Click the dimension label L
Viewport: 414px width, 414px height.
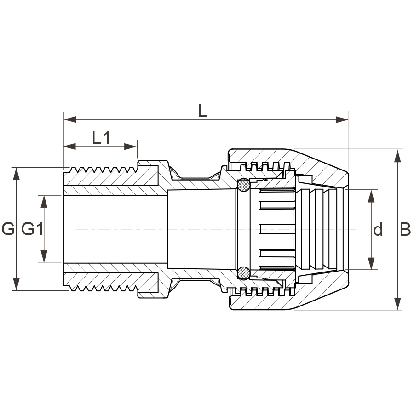[x=203, y=111]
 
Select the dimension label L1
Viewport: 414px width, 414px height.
[x=101, y=138]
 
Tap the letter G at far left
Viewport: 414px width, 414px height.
[x=8, y=229]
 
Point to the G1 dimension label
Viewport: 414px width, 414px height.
[x=32, y=229]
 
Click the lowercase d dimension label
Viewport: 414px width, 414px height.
[x=378, y=229]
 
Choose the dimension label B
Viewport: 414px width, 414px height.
[x=405, y=229]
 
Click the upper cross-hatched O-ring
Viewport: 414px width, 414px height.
[x=243, y=185]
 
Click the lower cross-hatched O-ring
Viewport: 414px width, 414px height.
[x=243, y=273]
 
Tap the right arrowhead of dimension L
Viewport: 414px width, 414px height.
[x=342, y=119]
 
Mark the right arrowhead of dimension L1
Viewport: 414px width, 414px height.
[x=131, y=147]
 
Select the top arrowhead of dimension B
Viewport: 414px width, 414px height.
[x=397, y=156]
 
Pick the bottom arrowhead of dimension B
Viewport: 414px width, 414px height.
[x=397, y=303]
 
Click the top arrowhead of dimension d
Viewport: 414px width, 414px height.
[x=371, y=196]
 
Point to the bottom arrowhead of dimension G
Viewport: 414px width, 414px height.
[x=17, y=284]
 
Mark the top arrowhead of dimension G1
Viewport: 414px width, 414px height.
[x=44, y=202]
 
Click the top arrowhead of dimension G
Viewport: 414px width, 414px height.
[x=17, y=174]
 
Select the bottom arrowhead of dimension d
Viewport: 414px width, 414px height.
[x=371, y=263]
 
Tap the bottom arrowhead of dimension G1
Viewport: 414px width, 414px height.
[x=44, y=256]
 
